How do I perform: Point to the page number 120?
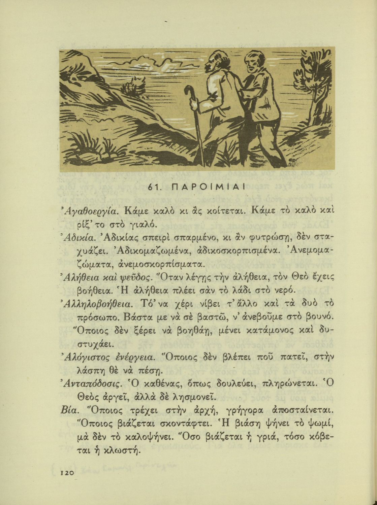(67, 473)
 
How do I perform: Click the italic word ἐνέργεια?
(135, 357)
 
